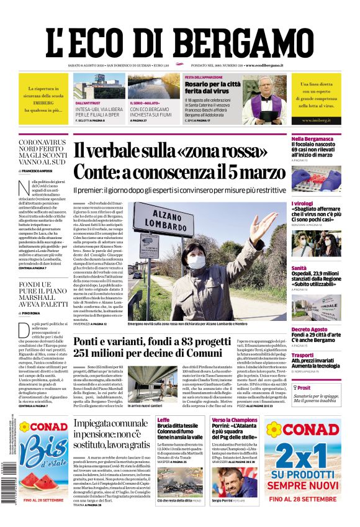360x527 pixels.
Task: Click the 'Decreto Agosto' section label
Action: [x=309, y=330]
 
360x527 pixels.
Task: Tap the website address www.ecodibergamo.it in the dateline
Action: [x=264, y=65]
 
